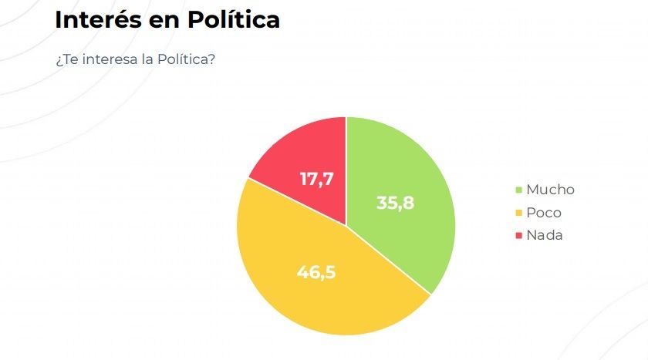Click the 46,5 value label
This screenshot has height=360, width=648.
[x=316, y=271]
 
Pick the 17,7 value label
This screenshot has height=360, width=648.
[x=316, y=179]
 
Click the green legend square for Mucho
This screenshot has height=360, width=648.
[x=519, y=190]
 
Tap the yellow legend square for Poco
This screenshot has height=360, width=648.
[x=519, y=213]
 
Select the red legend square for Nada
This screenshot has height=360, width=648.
[x=519, y=235]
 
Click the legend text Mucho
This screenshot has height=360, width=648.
[x=550, y=190]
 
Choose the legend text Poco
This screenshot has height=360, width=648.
[x=544, y=213]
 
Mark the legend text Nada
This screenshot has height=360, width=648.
[x=545, y=235]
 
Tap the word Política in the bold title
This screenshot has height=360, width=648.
[x=234, y=20]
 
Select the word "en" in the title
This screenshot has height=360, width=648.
[x=163, y=21]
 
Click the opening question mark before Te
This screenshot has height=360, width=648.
[x=58, y=60]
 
